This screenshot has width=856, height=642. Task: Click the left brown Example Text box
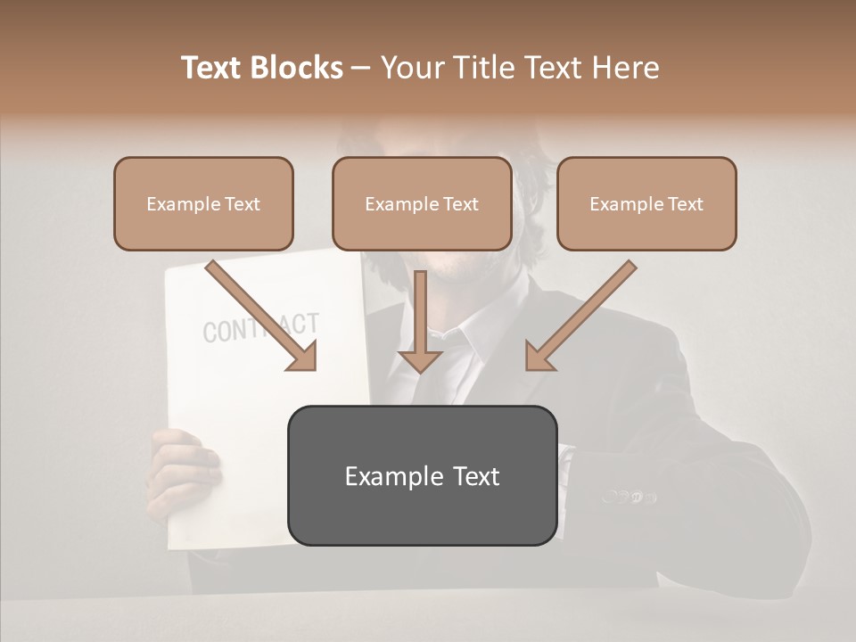pyautogui.click(x=203, y=203)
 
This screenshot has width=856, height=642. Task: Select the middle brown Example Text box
pyautogui.click(x=422, y=203)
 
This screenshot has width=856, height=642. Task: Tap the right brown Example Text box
pyautogui.click(x=646, y=203)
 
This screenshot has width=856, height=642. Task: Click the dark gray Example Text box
pyautogui.click(x=422, y=475)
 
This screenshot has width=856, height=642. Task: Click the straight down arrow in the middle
pyautogui.click(x=420, y=321)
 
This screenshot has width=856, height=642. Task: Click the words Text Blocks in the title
pyautogui.click(x=262, y=68)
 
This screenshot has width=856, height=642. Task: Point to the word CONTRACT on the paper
pyautogui.click(x=260, y=328)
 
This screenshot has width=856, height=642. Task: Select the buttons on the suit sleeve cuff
pyautogui.click(x=629, y=496)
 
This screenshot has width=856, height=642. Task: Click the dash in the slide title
pyautogui.click(x=362, y=68)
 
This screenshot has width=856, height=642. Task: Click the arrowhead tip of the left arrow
pyautogui.click(x=314, y=368)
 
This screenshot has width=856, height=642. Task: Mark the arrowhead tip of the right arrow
pyautogui.click(x=528, y=368)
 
